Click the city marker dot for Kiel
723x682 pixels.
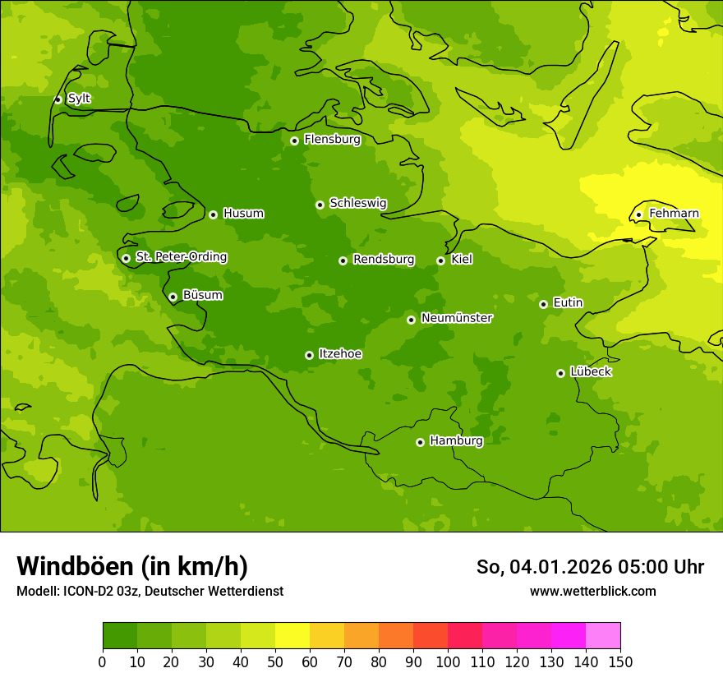[x=440, y=260]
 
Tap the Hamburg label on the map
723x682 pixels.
[x=456, y=440]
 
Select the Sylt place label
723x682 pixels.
[x=79, y=99]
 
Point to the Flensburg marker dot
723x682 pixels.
[x=294, y=141]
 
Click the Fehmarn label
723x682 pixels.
[x=674, y=214]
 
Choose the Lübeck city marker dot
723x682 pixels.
[x=560, y=373]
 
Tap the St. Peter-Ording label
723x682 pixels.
[x=181, y=256]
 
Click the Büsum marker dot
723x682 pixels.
[x=173, y=297]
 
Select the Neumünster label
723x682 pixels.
[x=457, y=318]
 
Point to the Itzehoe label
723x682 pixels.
[x=340, y=354]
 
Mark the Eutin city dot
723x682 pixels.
[x=543, y=304]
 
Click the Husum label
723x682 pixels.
[x=243, y=214]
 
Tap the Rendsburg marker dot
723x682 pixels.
[x=343, y=260]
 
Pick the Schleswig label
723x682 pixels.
[x=357, y=203]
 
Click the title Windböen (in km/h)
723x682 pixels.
[x=132, y=566]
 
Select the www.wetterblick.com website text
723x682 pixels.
[x=592, y=591]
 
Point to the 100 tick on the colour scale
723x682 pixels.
[x=448, y=661]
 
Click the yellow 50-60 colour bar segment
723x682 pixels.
[x=292, y=636]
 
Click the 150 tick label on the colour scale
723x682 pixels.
[x=620, y=661]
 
